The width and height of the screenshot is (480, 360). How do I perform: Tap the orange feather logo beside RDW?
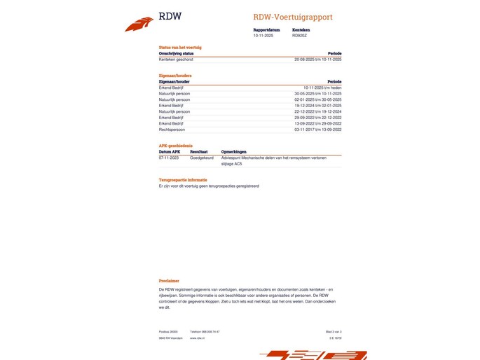coord(139,25)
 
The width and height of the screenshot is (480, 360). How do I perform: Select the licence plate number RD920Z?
coord(299,35)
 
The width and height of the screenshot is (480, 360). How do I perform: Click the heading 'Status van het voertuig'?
coord(181,47)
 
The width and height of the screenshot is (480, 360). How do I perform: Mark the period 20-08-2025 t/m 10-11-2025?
coord(317,60)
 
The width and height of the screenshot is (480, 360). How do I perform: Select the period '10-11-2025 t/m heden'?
coord(322,88)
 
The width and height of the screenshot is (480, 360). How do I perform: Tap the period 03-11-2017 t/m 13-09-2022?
coord(317,130)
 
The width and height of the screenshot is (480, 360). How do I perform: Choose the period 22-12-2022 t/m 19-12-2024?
coord(317,111)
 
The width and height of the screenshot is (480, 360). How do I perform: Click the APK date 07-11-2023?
coord(170,158)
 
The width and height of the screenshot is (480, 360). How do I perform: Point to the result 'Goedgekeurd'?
coord(201,158)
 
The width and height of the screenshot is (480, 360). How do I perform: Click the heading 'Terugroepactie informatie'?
coord(182,180)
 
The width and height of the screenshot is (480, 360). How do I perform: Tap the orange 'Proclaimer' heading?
coord(169,281)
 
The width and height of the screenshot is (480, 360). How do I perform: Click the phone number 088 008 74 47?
coord(205,331)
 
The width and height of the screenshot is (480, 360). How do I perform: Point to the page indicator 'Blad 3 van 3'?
coord(334,331)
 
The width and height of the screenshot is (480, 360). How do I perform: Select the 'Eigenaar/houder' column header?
coord(174,81)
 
